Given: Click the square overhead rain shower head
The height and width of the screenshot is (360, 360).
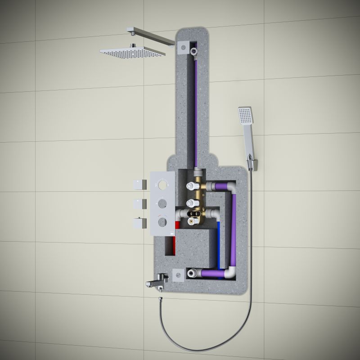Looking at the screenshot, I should point(132,52).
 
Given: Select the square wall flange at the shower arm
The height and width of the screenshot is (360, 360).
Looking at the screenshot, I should point(183,46).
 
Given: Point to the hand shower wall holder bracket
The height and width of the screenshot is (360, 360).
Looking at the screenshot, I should point(252,162).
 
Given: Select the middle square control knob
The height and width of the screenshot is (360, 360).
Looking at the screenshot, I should point(139,203).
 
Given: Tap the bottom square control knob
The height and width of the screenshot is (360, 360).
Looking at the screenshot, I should point(139,222).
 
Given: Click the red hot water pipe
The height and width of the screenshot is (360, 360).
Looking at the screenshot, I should point(176,225).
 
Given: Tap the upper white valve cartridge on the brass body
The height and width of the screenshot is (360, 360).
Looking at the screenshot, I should point(192,185).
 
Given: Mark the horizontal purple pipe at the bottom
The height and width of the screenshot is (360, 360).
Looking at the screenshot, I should point(211,273).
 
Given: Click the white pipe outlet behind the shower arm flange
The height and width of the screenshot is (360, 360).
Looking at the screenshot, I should point(194,51).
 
